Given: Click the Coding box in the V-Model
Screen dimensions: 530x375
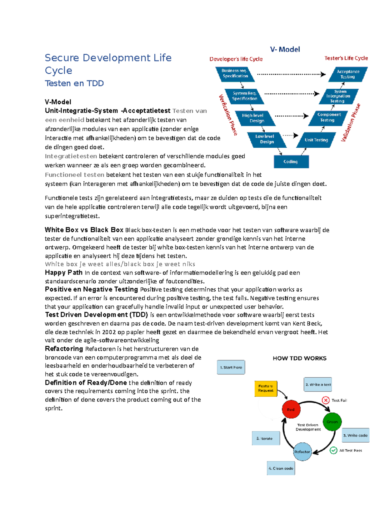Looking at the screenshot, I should tap(291, 162).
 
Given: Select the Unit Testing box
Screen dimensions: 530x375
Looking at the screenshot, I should tap(316, 140).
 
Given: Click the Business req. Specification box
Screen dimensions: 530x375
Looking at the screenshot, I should tap(235, 73).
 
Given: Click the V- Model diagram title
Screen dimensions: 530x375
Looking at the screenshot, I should tap(285, 49).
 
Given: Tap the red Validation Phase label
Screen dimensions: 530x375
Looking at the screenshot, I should tap(351, 123).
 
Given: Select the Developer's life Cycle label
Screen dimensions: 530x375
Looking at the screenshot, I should tap(236, 59).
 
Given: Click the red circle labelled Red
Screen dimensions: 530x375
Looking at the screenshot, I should tap(291, 409).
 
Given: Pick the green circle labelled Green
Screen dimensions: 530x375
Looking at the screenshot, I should tap(332, 422).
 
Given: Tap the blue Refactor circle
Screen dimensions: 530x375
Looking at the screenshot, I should tap(302, 452).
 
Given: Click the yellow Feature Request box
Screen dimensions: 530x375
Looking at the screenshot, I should tap(266, 388).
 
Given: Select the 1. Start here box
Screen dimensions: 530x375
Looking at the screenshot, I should tap(231, 367).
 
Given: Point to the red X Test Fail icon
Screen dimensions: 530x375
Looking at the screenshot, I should tap(326, 400).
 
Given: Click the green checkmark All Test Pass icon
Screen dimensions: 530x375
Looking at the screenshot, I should tap(333, 450).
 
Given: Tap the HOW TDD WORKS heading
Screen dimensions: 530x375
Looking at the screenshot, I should tap(299, 358).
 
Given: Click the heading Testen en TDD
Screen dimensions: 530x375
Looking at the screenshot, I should tap(74, 83).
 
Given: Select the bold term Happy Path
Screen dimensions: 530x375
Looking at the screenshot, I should tap(63, 272).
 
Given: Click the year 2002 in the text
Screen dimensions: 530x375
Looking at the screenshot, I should tap(109, 332).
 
